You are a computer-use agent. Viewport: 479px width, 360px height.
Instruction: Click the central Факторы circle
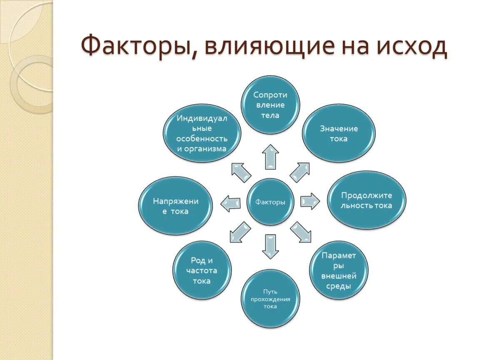(x=270, y=202)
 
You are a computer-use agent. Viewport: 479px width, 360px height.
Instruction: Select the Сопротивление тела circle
(x=271, y=105)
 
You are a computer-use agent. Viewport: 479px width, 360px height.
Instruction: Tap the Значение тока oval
(x=338, y=133)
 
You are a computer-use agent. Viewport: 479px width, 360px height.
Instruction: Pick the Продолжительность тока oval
(x=367, y=200)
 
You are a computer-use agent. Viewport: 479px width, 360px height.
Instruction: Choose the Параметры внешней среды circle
(x=339, y=270)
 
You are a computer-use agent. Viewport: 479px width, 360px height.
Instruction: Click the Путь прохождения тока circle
(x=270, y=299)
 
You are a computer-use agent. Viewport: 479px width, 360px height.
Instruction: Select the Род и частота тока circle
(x=202, y=270)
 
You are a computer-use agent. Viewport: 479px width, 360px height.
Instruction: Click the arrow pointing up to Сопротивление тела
(x=270, y=157)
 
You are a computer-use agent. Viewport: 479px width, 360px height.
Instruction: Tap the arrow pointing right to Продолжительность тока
(x=309, y=201)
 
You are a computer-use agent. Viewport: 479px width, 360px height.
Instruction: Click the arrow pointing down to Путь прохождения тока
(x=270, y=246)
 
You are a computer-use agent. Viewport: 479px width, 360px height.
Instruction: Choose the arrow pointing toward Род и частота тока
(x=240, y=232)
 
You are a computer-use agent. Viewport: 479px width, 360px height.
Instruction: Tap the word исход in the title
(x=412, y=47)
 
